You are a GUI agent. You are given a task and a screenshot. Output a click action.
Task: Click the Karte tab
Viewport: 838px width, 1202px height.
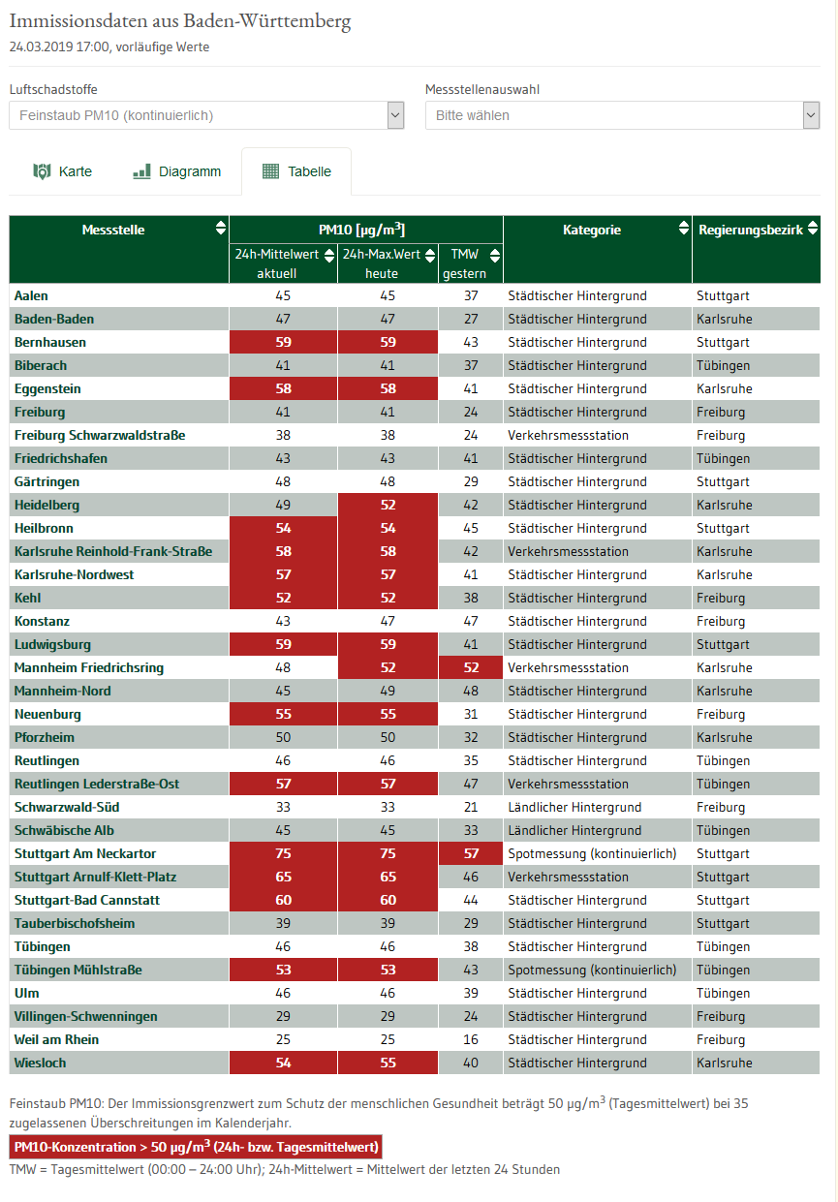(63, 171)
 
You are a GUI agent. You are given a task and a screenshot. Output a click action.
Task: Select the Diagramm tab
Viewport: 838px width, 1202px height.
(177, 171)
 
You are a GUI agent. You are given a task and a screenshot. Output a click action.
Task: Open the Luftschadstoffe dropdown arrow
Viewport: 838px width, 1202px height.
(395, 115)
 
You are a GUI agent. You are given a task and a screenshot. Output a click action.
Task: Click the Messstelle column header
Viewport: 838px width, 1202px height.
(113, 230)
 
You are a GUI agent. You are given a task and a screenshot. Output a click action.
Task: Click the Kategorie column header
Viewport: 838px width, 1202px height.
(592, 230)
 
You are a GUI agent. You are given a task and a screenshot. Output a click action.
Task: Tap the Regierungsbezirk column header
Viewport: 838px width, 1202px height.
(751, 230)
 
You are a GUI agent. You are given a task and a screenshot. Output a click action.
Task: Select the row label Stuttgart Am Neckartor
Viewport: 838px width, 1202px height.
(85, 853)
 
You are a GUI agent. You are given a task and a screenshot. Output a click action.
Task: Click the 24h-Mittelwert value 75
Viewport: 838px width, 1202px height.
(283, 853)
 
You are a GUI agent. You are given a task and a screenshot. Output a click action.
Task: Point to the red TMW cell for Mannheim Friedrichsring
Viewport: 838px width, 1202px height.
(471, 667)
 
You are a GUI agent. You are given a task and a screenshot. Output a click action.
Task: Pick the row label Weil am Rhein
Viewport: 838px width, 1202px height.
(56, 1039)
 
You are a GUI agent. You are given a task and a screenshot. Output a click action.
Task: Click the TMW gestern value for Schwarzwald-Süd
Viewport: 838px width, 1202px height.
(471, 807)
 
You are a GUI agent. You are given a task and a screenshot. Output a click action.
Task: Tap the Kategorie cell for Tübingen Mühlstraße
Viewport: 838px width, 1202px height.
(592, 970)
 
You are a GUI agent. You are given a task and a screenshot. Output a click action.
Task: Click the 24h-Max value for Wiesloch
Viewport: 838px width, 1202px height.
(388, 1063)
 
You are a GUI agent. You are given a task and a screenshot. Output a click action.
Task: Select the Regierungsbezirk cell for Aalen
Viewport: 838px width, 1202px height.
(723, 295)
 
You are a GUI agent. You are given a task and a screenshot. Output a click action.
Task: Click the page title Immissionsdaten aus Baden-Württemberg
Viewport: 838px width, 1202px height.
(180, 21)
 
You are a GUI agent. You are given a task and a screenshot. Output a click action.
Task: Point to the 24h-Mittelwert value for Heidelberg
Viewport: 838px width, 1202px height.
(283, 505)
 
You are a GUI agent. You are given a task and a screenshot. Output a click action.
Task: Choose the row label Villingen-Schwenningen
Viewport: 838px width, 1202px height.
(86, 1016)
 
